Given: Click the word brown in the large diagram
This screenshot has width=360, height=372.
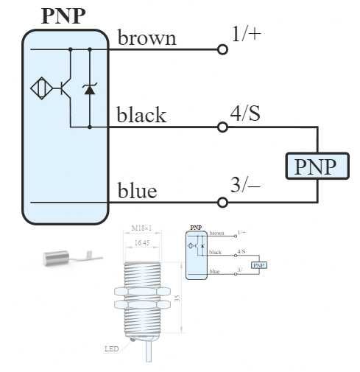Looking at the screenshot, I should pos(147,38).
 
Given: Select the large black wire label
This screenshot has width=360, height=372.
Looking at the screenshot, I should pos(141,116).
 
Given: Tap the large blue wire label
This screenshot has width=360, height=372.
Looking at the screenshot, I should pos(138,192).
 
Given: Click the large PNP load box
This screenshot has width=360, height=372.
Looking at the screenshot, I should pos(316,167).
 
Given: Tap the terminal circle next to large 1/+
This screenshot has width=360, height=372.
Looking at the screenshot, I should pos(222,49).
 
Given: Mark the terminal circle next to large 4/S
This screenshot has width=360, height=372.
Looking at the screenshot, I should pos(222,127).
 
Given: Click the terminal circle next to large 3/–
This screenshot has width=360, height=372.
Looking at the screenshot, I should pos(222,203).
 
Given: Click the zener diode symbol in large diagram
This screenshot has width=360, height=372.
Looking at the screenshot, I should pos(90,89).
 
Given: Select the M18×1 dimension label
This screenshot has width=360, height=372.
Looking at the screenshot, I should pos(142,228).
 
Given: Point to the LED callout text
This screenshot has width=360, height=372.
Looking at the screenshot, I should pos(112,348).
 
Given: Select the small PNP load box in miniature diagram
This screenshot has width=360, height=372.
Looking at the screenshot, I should pos(258,265).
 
